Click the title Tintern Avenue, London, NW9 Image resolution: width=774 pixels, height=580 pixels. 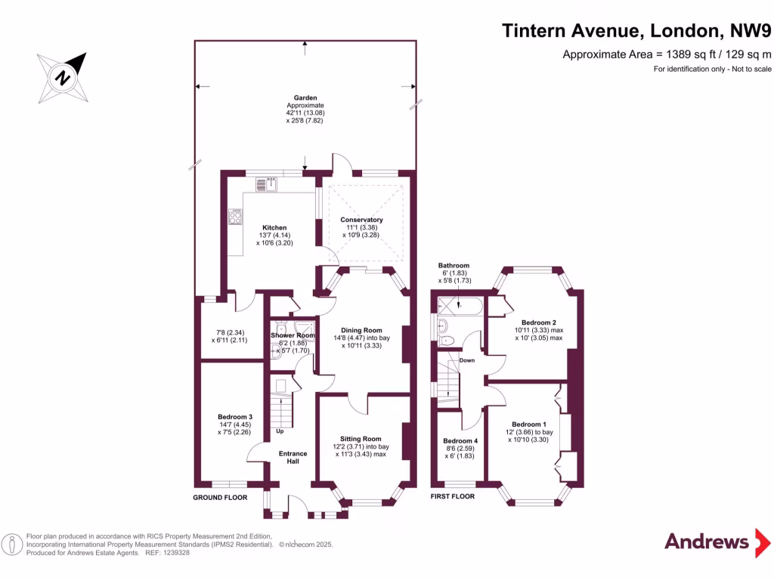(x=636, y=31)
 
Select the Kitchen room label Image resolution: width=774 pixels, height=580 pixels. (x=274, y=227)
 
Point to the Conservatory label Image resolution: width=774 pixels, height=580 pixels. (x=361, y=220)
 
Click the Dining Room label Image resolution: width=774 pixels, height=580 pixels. (x=361, y=330)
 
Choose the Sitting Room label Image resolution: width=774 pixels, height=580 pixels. (x=361, y=439)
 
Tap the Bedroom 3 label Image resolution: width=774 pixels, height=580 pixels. (x=234, y=417)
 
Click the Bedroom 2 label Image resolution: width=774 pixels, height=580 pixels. (x=538, y=322)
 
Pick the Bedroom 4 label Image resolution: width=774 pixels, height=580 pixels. (x=460, y=441)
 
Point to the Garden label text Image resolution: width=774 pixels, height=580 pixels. (x=305, y=98)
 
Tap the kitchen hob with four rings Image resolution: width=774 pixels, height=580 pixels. (x=235, y=217)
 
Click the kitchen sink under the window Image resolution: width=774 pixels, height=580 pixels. (x=270, y=184)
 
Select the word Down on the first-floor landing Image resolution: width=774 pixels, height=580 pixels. (x=466, y=360)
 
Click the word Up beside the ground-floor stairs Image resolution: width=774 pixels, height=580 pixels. (x=280, y=432)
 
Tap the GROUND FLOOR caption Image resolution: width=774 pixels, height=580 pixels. (x=221, y=496)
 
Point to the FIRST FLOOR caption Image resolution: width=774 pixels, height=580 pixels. (x=452, y=496)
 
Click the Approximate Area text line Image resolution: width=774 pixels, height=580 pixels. (x=667, y=54)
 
